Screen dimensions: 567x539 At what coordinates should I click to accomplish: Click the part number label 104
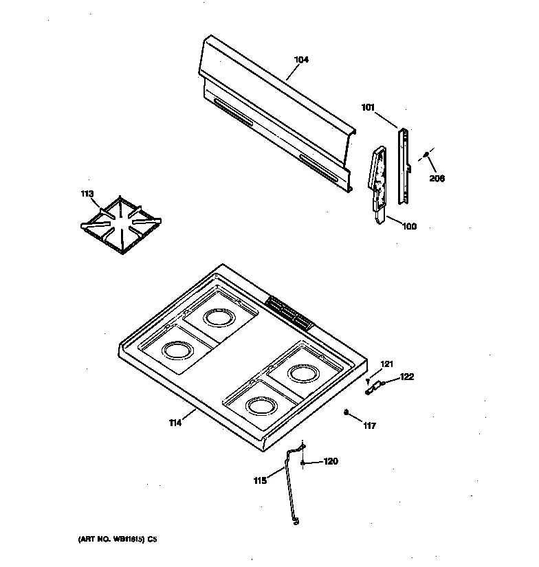tap(301, 60)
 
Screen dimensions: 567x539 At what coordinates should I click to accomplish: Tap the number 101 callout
tap(368, 107)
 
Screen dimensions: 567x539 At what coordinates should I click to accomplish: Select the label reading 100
tap(409, 226)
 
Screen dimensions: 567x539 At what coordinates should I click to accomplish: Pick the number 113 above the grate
tap(87, 194)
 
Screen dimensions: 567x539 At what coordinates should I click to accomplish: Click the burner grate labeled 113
tap(122, 225)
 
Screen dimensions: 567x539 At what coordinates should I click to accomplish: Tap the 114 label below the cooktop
tap(175, 423)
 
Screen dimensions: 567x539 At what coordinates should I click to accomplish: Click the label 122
tap(407, 376)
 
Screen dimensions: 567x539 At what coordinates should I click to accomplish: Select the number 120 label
tap(331, 461)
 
